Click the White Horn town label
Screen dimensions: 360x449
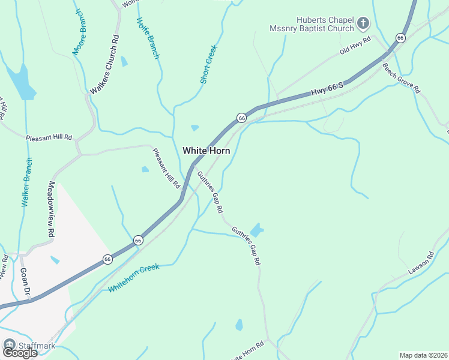click(206, 151)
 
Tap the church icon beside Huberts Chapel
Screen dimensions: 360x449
click(363, 23)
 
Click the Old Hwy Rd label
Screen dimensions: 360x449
click(356, 46)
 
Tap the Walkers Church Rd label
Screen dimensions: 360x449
click(105, 64)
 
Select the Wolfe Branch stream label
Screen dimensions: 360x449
click(148, 38)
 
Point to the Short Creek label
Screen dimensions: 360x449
click(208, 64)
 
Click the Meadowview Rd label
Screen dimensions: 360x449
click(52, 208)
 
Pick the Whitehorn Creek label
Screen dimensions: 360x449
click(134, 278)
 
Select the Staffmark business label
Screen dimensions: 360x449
click(36, 345)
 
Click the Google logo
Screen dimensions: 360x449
click(20, 353)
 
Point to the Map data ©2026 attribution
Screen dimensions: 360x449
click(423, 355)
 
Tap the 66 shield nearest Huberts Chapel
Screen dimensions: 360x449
click(400, 38)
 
